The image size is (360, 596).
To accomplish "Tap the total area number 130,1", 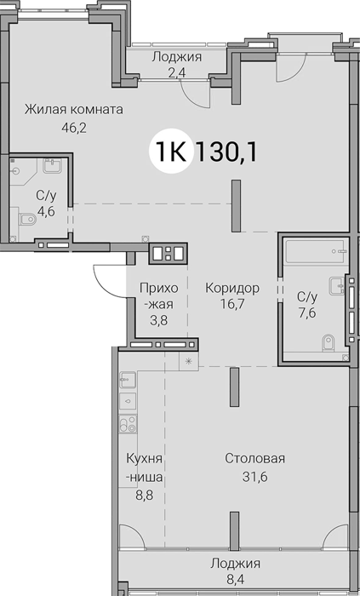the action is pyautogui.click(x=226, y=152).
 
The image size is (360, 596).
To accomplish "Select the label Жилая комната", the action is pyautogui.click(x=74, y=110).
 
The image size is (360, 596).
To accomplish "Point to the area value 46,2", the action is pyautogui.click(x=74, y=128).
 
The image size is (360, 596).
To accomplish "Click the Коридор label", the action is pyautogui.click(x=232, y=288).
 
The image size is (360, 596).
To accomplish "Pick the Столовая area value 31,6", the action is pyautogui.click(x=254, y=476).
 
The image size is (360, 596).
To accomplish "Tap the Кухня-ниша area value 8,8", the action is pyautogui.click(x=145, y=496).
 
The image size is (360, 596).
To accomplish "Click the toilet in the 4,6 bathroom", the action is pyautogui.click(x=27, y=219).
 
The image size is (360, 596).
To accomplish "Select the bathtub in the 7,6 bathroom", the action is pyautogui.click(x=317, y=251).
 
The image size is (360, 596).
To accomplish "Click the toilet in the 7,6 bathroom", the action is pyautogui.click(x=328, y=342).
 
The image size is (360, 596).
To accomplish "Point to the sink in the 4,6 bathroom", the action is pyautogui.click(x=53, y=165).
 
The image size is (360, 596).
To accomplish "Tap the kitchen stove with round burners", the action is pyautogui.click(x=128, y=424).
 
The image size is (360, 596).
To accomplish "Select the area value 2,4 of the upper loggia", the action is pyautogui.click(x=176, y=72).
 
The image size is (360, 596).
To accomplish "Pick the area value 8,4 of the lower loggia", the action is pyautogui.click(x=236, y=581).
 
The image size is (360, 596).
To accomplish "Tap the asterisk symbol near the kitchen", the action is pyautogui.click(x=188, y=361).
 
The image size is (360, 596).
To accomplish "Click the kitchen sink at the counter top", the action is pyautogui.click(x=128, y=380).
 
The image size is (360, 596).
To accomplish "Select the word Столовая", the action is pyautogui.click(x=254, y=458).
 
